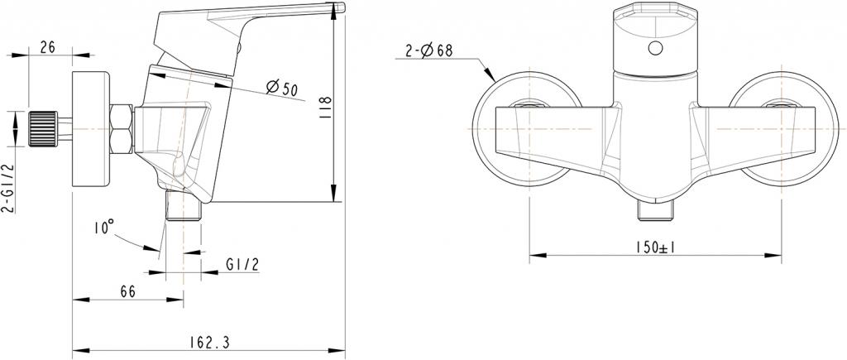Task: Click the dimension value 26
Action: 47,48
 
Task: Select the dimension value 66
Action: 127,292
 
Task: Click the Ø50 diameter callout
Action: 282,87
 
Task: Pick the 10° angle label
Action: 103,228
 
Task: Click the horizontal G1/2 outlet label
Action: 242,265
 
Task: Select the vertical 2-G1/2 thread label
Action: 7,188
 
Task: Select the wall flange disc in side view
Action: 92,129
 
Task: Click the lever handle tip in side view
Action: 336,10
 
